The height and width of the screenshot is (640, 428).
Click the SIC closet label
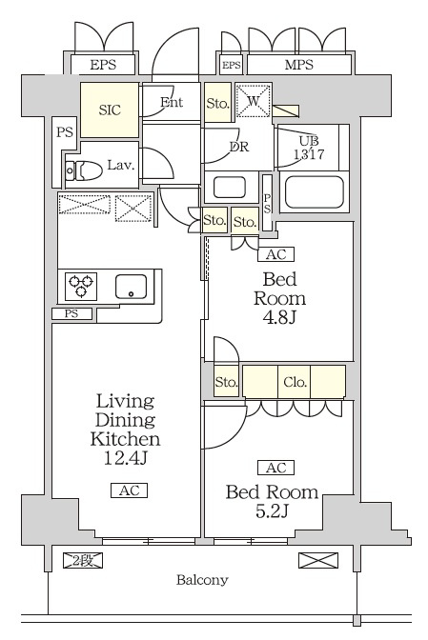110,110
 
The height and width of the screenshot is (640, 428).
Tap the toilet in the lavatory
84,170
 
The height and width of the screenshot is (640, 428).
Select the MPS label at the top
299,65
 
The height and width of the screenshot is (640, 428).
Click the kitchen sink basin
131,287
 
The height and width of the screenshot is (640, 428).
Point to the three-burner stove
81,286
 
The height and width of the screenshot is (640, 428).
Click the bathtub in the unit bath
314,191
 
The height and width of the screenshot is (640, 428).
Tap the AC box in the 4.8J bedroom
276,254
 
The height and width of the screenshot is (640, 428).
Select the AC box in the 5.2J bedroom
276,468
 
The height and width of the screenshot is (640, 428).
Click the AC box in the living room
129,490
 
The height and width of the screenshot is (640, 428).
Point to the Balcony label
202,580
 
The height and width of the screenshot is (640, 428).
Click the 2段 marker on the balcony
83,560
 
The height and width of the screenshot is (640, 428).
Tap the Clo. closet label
295,382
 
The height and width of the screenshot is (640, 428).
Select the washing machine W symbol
254,100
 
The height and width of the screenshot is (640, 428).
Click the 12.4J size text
125,458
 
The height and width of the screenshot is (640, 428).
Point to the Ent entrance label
172,102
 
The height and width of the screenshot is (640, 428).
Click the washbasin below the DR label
230,187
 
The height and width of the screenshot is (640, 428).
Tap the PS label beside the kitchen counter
71,314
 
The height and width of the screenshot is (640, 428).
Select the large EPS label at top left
103,65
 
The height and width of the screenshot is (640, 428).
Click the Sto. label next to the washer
217,103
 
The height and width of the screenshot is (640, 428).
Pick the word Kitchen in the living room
125,439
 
